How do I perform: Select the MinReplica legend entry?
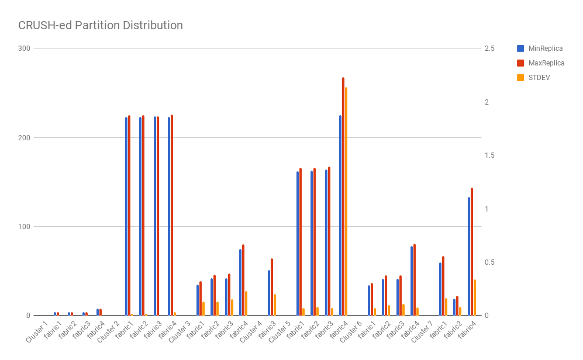point(545,49)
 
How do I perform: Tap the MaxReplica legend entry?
point(546,63)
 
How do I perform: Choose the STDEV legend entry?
point(539,77)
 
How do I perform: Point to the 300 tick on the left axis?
point(24,49)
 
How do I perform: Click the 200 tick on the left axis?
point(24,138)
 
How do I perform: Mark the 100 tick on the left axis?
point(24,227)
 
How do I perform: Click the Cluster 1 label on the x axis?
point(37,331)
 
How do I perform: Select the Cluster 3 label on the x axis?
point(180,331)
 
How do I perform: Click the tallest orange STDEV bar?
point(346,202)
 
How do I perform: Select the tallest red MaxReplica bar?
point(343,196)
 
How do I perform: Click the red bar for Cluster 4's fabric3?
point(272,287)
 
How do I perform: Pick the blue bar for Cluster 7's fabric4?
point(469,257)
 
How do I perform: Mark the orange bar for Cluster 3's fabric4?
point(246,303)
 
